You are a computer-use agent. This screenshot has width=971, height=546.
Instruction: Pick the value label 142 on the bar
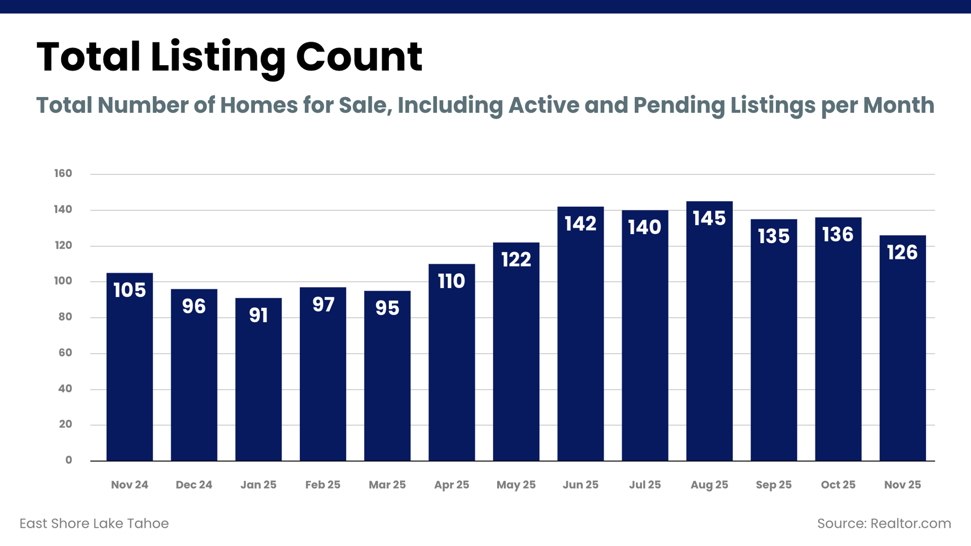581,223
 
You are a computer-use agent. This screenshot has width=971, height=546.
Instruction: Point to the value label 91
258,315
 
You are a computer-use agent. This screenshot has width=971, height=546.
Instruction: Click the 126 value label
902,252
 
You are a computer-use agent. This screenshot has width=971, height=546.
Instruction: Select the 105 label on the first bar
129,290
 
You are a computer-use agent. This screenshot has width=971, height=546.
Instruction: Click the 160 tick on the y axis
63,173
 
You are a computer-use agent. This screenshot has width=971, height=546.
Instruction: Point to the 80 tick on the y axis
65,317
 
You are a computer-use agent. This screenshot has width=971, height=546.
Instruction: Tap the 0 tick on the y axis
69,460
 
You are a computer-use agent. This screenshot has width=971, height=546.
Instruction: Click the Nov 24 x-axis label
129,485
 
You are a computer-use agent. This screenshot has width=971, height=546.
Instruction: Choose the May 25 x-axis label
516,485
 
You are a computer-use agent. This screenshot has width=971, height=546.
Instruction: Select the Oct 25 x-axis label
838,485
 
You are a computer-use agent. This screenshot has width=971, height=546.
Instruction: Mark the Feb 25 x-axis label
323,485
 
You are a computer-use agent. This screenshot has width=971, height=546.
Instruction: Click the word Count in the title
359,57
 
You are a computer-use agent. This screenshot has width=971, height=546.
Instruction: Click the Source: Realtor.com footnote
884,523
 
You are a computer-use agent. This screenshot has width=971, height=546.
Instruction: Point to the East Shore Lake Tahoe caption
94,523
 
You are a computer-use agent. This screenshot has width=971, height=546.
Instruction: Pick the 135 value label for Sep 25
774,236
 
